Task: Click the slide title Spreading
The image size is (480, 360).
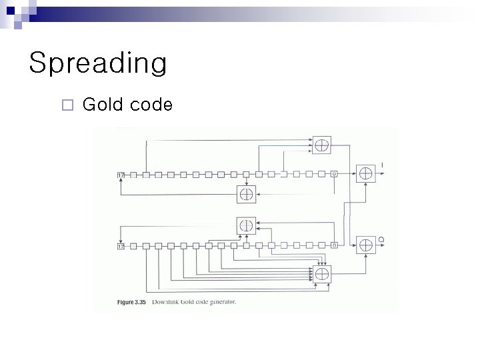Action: click(98, 64)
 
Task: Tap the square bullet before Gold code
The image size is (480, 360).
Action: click(65, 105)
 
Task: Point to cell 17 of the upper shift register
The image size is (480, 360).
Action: click(121, 175)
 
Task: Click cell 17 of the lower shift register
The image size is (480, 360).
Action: click(121, 246)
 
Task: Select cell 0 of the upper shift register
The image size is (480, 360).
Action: click(335, 175)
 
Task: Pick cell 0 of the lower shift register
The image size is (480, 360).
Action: click(335, 246)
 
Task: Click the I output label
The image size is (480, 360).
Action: click(381, 165)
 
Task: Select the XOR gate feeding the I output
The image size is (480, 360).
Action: click(365, 173)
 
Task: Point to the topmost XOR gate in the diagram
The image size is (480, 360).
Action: click(322, 145)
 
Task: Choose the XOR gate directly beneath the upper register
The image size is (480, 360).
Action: click(247, 194)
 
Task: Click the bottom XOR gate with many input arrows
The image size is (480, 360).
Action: click(322, 273)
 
